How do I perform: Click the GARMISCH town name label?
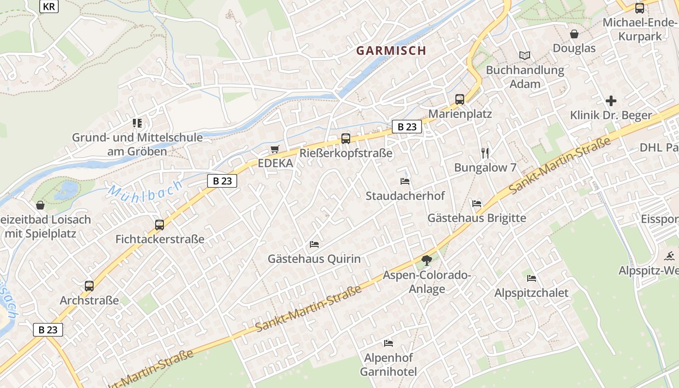pyautogui.click(x=391, y=50)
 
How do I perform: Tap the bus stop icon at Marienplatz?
pyautogui.click(x=459, y=99)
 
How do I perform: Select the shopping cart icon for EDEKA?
pyautogui.click(x=275, y=149)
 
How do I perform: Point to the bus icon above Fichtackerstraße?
pyautogui.click(x=160, y=225)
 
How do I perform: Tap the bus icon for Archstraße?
pyautogui.click(x=89, y=286)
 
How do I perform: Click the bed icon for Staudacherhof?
pyautogui.click(x=405, y=181)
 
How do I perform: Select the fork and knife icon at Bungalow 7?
pyautogui.click(x=485, y=153)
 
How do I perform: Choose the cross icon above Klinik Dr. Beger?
pyautogui.click(x=611, y=101)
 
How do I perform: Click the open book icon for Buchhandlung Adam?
pyautogui.click(x=525, y=55)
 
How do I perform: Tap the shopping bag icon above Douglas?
pyautogui.click(x=574, y=34)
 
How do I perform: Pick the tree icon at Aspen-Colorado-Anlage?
pyautogui.click(x=427, y=261)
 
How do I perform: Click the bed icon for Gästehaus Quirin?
pyautogui.click(x=314, y=244)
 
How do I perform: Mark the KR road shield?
pyautogui.click(x=48, y=6)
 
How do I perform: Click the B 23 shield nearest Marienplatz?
pyautogui.click(x=407, y=127)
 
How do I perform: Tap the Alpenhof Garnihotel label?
pyautogui.click(x=388, y=365)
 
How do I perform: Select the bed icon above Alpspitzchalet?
pyautogui.click(x=532, y=278)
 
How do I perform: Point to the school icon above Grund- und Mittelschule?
pyautogui.click(x=137, y=123)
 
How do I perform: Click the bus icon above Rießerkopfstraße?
pyautogui.click(x=346, y=139)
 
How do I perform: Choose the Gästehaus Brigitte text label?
pyautogui.click(x=476, y=218)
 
